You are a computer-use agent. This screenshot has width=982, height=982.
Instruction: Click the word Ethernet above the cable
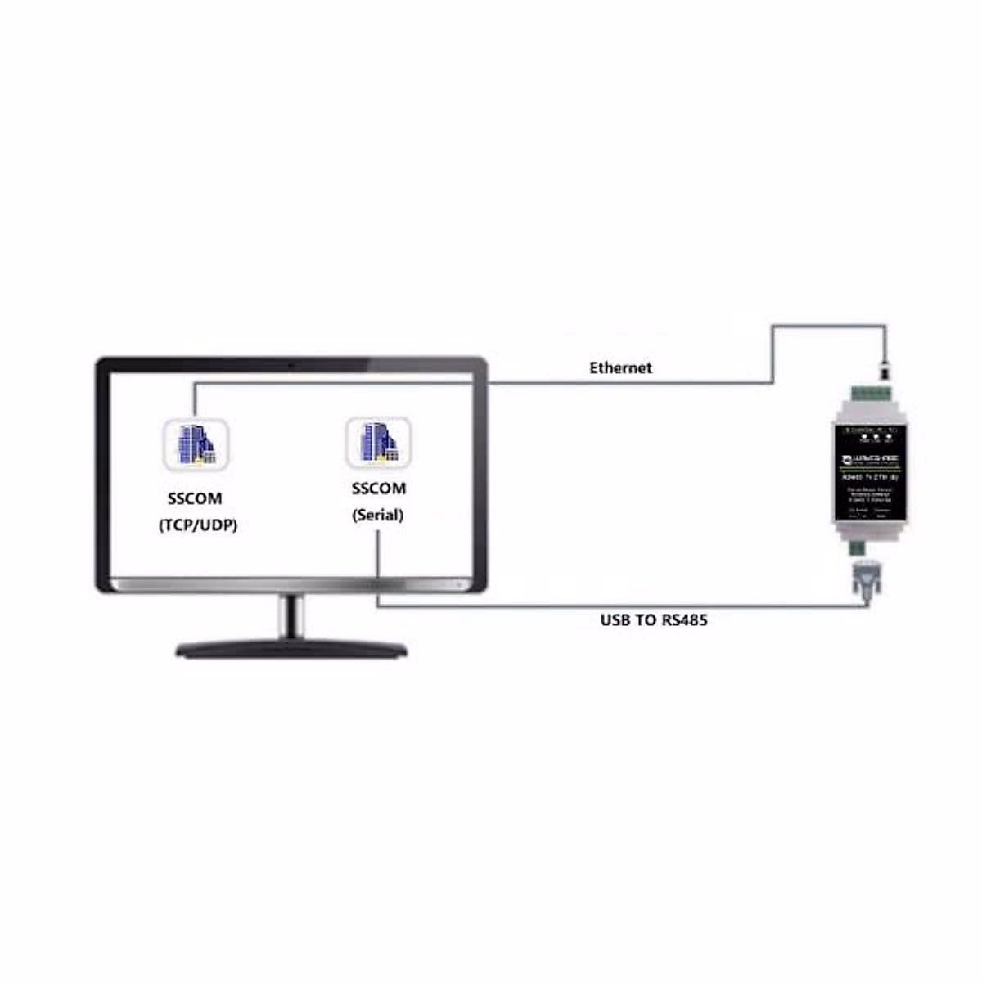tap(620, 368)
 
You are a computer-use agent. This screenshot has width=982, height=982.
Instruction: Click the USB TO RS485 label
tap(653, 620)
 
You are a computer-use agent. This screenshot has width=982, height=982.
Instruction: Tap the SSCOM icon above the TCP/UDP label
tap(196, 444)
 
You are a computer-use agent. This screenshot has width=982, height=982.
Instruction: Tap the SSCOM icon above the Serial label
tap(378, 443)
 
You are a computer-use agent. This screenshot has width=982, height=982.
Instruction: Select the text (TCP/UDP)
tap(197, 525)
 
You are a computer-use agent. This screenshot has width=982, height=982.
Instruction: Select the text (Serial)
tap(378, 516)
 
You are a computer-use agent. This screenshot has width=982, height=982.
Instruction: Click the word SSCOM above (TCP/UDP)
tap(195, 498)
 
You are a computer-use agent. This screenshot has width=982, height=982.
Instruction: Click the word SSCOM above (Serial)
tap(378, 489)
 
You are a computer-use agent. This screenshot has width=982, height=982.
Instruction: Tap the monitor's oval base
tap(291, 651)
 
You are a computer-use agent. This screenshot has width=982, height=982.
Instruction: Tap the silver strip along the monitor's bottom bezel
tap(291, 585)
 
